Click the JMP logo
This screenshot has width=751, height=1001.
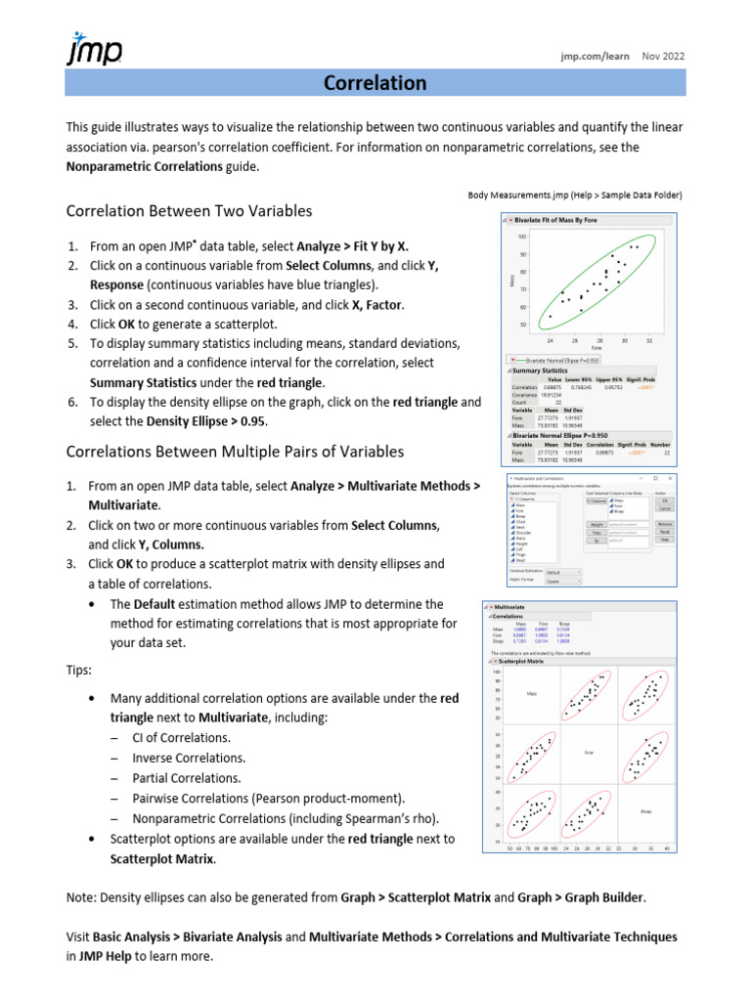pyautogui.click(x=93, y=49)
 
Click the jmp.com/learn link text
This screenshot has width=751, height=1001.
pyautogui.click(x=595, y=57)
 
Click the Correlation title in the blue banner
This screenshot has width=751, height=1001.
pyautogui.click(x=375, y=83)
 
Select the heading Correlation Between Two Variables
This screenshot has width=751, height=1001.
pyautogui.click(x=189, y=211)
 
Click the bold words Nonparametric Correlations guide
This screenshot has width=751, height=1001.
pyautogui.click(x=145, y=166)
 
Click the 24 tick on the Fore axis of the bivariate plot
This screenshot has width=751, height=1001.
pyautogui.click(x=550, y=340)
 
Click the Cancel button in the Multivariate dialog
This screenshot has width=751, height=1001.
pyautogui.click(x=664, y=509)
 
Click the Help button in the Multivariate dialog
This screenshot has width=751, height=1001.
pyautogui.click(x=664, y=539)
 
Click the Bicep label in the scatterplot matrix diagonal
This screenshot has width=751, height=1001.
pyautogui.click(x=645, y=811)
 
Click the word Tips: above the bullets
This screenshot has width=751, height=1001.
pyautogui.click(x=80, y=672)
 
